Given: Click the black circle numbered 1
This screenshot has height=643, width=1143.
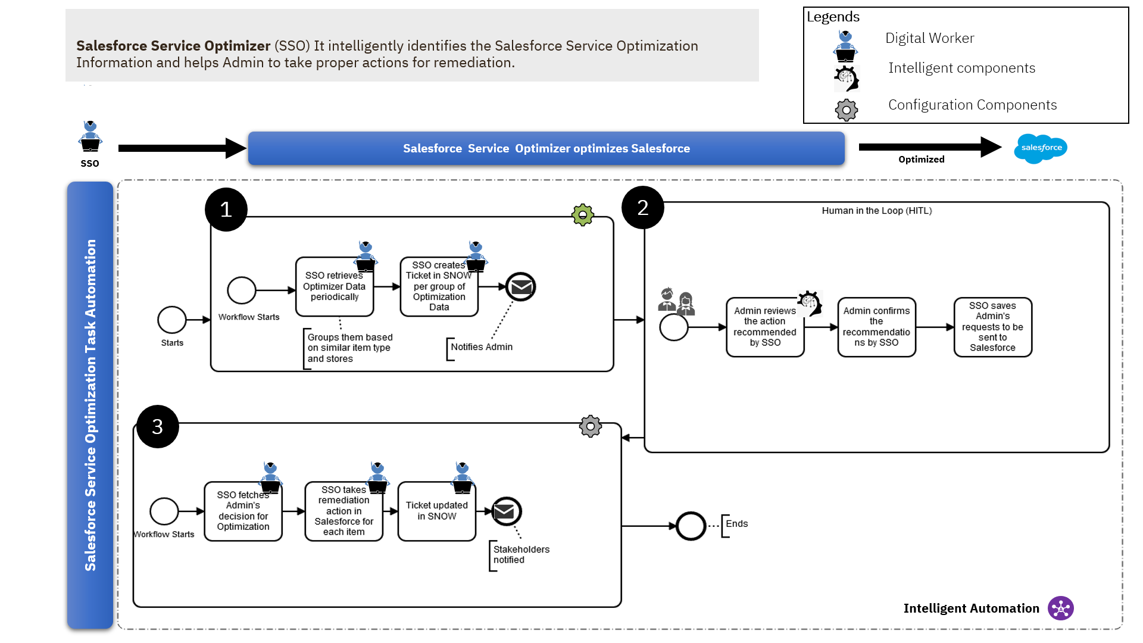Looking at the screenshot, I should (x=226, y=210).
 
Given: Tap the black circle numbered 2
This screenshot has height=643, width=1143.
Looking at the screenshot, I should (x=643, y=208).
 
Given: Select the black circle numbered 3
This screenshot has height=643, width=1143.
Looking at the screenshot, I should (x=158, y=427).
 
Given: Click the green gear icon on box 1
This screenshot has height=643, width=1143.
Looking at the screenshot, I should (x=583, y=215).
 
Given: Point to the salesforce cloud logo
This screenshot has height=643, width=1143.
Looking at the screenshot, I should (x=1041, y=148).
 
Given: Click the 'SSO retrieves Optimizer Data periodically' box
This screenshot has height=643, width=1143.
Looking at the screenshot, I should (x=334, y=287).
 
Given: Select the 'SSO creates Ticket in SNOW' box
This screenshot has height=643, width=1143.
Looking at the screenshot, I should (x=439, y=287).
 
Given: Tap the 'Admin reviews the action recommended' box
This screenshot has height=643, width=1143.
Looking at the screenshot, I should (x=765, y=327).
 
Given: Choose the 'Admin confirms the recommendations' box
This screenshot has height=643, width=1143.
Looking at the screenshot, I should (x=876, y=327).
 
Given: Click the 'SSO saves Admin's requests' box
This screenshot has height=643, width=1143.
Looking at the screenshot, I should (x=992, y=327).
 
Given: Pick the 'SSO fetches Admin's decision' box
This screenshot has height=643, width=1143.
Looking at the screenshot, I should (x=243, y=511).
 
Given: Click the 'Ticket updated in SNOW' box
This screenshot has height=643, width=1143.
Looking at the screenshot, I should (x=436, y=511).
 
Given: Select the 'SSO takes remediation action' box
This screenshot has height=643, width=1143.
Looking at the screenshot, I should (x=343, y=511).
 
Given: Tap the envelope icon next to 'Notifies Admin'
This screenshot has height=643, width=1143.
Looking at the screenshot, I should (x=521, y=287).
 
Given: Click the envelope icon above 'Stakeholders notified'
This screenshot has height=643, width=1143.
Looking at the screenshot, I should (x=507, y=511).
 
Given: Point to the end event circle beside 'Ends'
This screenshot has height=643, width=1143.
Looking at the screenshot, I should (x=691, y=526).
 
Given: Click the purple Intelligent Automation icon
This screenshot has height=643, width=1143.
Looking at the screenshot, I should (x=1061, y=608).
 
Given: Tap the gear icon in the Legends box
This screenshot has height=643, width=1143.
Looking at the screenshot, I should (x=846, y=110).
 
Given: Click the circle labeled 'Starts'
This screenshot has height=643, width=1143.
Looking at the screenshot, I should (x=172, y=320).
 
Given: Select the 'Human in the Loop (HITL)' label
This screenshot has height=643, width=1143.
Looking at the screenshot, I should (x=876, y=211).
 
